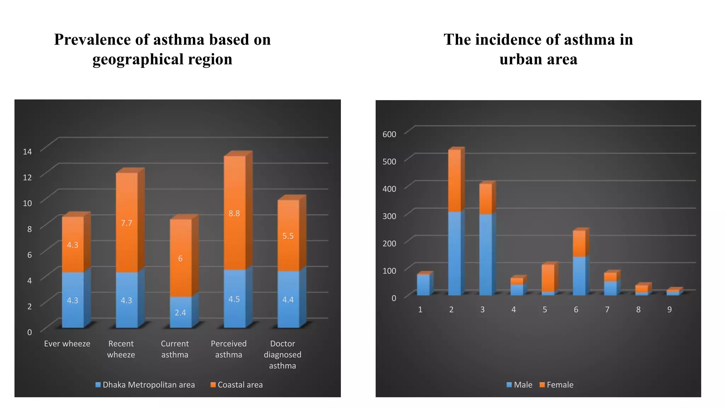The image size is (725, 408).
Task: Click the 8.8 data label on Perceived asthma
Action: (234, 213)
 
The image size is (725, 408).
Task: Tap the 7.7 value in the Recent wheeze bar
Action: (126, 223)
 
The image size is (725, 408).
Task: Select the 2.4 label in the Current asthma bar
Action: (180, 312)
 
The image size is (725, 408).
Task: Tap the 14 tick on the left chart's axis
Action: (27, 152)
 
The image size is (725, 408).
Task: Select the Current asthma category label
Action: (175, 349)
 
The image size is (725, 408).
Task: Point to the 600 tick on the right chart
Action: (389, 134)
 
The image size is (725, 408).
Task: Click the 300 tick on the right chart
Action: (389, 216)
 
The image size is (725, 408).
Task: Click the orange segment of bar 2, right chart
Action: (455, 181)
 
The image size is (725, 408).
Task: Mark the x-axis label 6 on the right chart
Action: (576, 310)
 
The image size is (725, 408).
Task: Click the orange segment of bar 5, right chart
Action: (548, 278)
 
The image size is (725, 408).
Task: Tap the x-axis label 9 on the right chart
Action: (669, 310)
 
